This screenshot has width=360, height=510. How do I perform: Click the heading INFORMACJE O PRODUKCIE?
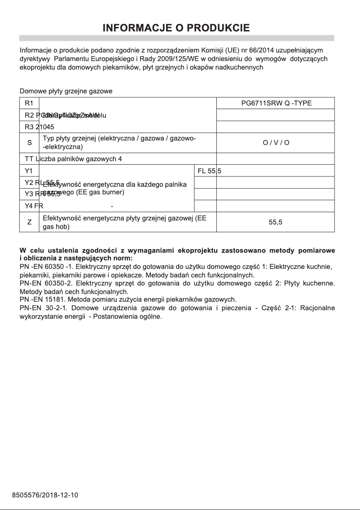(x=176, y=28)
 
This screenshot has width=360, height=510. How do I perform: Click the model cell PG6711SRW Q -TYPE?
(x=276, y=103)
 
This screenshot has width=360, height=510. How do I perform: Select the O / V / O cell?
(x=276, y=143)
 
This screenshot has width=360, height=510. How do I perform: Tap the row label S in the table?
(x=30, y=143)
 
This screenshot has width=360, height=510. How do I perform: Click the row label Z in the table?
(x=30, y=222)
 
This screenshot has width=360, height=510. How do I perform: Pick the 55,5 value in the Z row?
(x=276, y=222)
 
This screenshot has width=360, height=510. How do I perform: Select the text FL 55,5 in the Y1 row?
(x=210, y=171)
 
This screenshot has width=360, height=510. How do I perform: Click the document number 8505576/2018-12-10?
(x=45, y=495)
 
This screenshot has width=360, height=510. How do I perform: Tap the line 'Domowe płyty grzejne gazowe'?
(x=66, y=91)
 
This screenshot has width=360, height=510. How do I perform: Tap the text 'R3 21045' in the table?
(x=40, y=127)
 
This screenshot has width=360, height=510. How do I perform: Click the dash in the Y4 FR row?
(x=112, y=207)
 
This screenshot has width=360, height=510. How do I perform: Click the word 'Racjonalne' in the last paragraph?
(x=317, y=308)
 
